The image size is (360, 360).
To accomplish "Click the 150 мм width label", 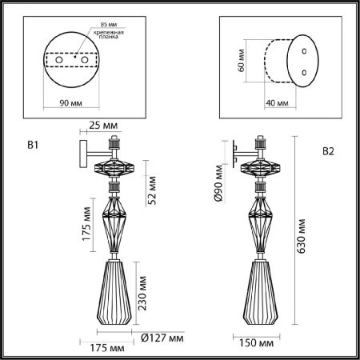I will coord(258,343).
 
